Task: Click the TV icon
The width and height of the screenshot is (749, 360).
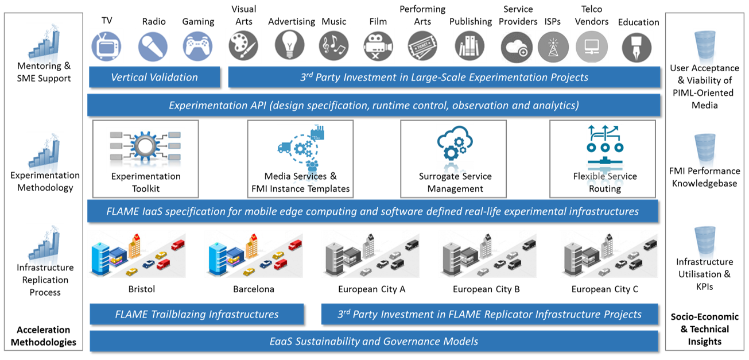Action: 107,46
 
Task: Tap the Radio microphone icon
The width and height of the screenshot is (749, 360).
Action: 153,46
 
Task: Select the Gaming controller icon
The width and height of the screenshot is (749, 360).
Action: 198,46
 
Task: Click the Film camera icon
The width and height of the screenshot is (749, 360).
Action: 378,46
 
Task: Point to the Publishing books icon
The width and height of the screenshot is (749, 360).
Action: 469,46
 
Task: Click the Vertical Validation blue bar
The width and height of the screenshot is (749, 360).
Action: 154,77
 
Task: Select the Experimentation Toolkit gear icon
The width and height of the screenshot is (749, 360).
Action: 145,146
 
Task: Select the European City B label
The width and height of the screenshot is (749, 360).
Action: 486,289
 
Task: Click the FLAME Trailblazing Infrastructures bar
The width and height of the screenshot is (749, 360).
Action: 197,314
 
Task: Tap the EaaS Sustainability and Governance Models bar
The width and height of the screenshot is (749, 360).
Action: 374,341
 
